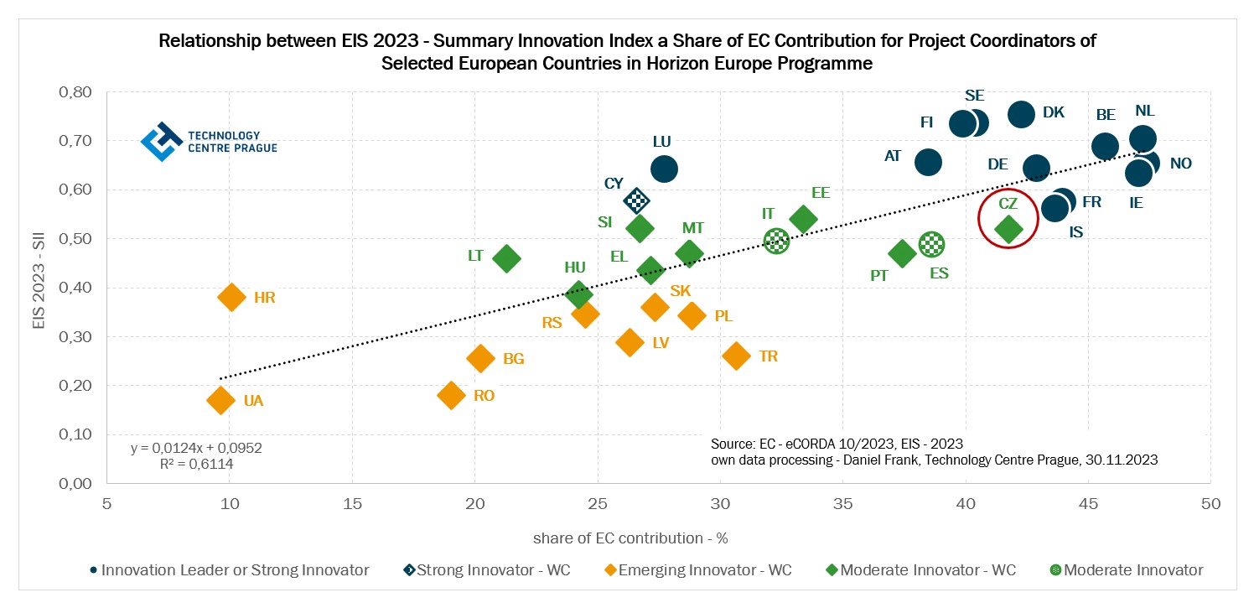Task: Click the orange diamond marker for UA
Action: (220, 400)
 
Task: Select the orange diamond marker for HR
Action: (231, 296)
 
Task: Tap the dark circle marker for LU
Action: (663, 169)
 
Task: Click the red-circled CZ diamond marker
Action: (1008, 228)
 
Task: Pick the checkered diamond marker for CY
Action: (637, 200)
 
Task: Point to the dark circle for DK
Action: (1021, 114)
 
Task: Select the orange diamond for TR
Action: (736, 356)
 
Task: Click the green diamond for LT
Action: (506, 258)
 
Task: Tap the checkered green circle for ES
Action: (931, 244)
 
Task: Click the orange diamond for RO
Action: (452, 395)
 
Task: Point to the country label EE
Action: (820, 193)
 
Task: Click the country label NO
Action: (1180, 164)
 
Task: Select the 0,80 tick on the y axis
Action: (75, 92)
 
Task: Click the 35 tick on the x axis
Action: (842, 504)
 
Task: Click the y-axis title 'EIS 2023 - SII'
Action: (39, 288)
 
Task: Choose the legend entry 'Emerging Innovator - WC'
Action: (697, 570)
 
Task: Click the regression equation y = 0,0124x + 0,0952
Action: (196, 448)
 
